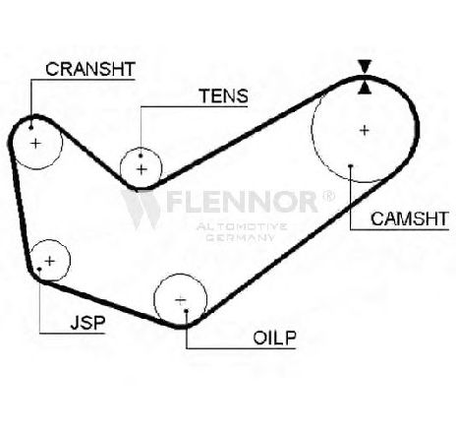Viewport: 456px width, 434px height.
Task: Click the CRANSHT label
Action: (x=90, y=69)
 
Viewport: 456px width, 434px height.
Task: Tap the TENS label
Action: (x=224, y=95)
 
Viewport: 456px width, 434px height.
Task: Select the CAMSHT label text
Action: (x=410, y=218)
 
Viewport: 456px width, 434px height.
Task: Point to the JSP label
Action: (x=88, y=322)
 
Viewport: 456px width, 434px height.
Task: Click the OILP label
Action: (x=274, y=338)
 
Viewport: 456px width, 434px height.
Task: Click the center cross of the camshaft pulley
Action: (x=365, y=131)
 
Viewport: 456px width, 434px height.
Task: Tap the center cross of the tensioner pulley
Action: (x=142, y=169)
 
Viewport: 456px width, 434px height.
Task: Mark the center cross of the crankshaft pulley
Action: (x=35, y=144)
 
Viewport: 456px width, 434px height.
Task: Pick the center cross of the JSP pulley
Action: (x=50, y=261)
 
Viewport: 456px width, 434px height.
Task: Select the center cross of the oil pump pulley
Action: (x=181, y=300)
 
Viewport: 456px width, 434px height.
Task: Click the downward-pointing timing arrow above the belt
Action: (x=365, y=66)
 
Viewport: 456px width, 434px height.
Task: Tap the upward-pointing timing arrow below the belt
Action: (x=365, y=88)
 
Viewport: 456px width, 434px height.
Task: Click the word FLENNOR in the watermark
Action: (x=242, y=202)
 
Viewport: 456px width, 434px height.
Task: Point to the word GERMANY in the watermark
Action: (x=241, y=237)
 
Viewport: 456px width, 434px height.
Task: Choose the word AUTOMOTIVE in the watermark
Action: (x=242, y=226)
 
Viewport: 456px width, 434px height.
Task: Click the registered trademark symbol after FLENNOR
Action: (x=328, y=196)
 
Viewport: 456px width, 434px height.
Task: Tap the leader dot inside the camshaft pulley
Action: (x=351, y=165)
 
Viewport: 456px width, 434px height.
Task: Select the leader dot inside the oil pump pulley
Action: (x=186, y=310)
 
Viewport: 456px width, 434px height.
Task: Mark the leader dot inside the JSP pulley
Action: (x=39, y=269)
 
